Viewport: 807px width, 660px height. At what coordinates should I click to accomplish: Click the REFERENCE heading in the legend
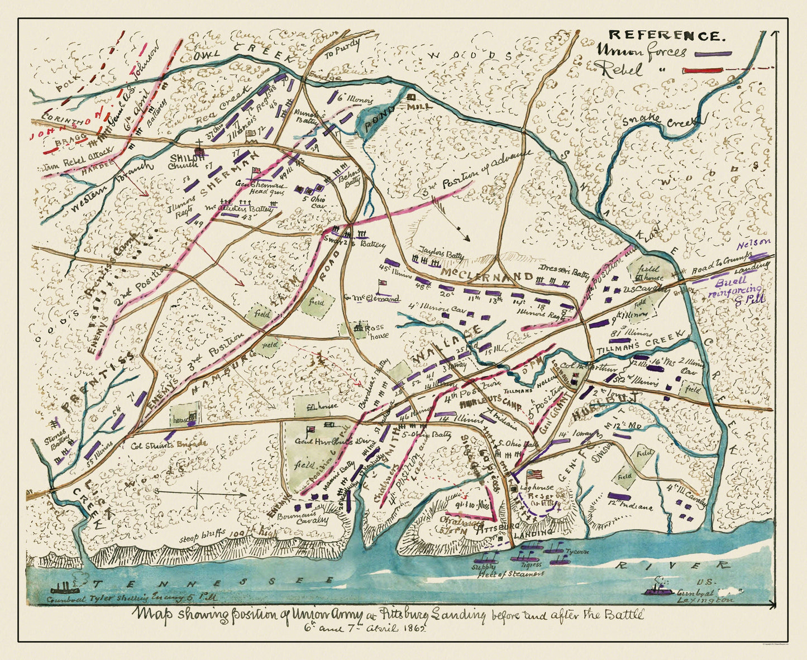pos(666,36)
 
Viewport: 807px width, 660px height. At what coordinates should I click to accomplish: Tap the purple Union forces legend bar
pos(713,54)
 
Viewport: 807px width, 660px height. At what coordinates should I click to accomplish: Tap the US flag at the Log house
pos(534,474)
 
